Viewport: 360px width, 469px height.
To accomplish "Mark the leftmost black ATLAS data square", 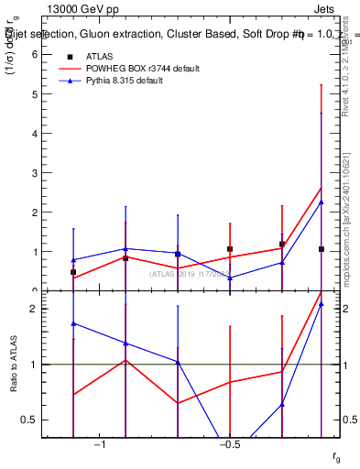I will click(x=73, y=272).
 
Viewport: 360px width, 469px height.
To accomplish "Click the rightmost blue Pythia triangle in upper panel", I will click(x=322, y=202).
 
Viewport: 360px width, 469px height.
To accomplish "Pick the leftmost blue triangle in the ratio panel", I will click(x=73, y=323).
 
